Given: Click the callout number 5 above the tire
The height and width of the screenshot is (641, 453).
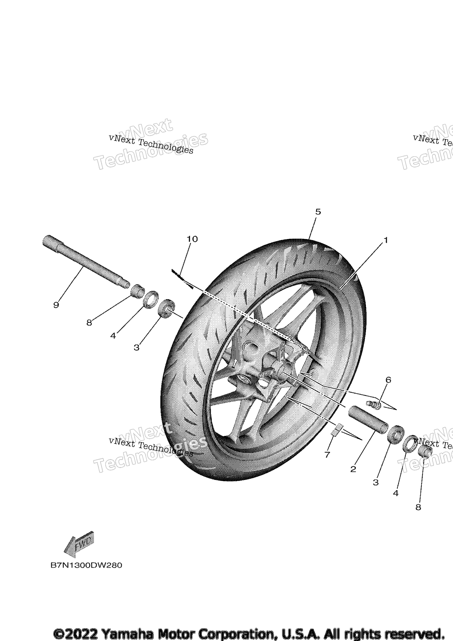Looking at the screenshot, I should [x=318, y=212].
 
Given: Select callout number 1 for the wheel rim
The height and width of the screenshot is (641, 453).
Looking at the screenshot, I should [x=386, y=240].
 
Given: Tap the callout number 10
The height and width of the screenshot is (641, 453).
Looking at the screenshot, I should [x=192, y=239].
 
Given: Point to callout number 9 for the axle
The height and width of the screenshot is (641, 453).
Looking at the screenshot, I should [x=56, y=305].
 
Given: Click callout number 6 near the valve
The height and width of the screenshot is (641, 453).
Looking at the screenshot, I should [x=388, y=380].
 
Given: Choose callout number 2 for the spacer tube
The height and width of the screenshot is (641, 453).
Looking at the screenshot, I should [x=353, y=469].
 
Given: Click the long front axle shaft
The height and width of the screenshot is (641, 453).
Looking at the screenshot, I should [x=85, y=262].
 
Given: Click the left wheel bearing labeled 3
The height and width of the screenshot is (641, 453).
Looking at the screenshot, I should [x=167, y=308].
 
